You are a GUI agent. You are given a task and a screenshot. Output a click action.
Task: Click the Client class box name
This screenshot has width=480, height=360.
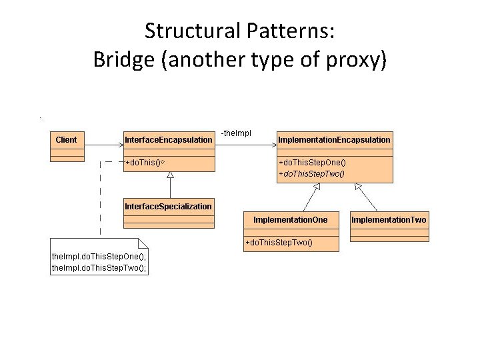67,139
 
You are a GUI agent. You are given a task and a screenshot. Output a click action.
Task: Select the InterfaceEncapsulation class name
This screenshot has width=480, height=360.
169,139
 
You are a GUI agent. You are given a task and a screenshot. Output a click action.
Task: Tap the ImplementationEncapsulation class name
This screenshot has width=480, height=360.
334,139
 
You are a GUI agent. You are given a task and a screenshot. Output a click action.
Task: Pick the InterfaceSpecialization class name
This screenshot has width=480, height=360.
168,207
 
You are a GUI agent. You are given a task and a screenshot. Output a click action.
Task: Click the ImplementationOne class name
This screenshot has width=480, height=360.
291,219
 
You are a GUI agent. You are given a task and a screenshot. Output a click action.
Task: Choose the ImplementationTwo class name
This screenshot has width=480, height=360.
389,219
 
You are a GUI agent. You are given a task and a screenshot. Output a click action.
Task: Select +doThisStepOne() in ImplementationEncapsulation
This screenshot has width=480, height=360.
312,163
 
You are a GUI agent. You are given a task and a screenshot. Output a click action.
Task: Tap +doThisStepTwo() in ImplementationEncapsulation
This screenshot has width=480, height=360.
312,173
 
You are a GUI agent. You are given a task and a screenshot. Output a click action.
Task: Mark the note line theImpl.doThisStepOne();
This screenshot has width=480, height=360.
99,257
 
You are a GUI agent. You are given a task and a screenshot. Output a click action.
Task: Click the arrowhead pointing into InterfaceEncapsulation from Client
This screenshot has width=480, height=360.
119,145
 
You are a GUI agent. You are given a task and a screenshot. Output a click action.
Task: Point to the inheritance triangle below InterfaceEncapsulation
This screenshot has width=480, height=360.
170,175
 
